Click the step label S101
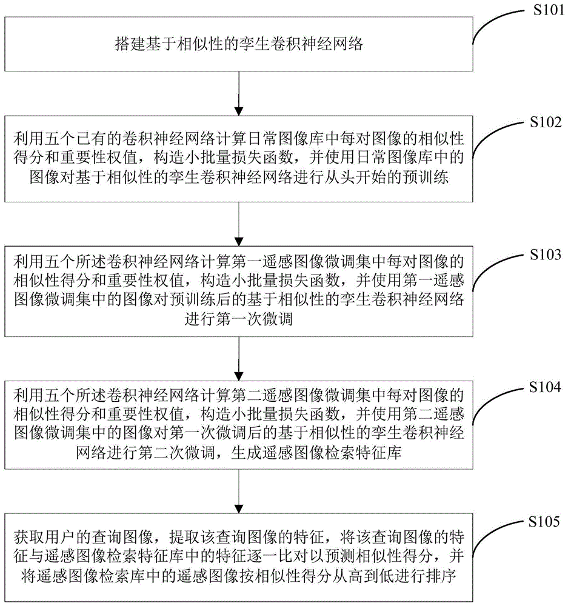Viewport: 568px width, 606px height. [549, 10]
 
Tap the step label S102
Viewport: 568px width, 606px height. [546, 122]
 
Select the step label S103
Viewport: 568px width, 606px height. [546, 255]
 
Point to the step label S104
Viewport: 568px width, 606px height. [545, 387]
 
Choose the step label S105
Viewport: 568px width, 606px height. [544, 522]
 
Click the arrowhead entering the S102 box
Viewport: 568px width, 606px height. [239, 110]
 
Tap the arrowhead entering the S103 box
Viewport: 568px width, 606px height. [239, 241]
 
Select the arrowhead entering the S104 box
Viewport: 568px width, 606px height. [239, 376]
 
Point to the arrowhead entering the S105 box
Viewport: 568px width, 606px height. [239, 508]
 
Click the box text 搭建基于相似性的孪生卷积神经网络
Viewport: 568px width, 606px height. [239, 44]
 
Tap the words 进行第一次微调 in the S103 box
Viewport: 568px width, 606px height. [239, 319]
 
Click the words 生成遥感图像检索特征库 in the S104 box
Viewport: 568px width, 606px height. [316, 452]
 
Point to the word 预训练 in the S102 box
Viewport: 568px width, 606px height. [426, 177]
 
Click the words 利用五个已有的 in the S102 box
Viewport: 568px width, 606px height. [68, 138]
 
